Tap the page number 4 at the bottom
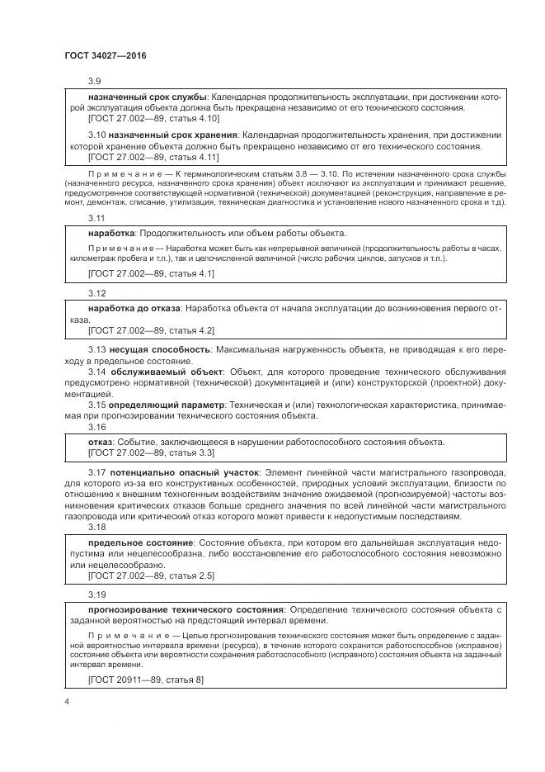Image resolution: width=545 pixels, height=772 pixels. point(66,702)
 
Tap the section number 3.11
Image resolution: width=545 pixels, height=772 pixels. point(96,218)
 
